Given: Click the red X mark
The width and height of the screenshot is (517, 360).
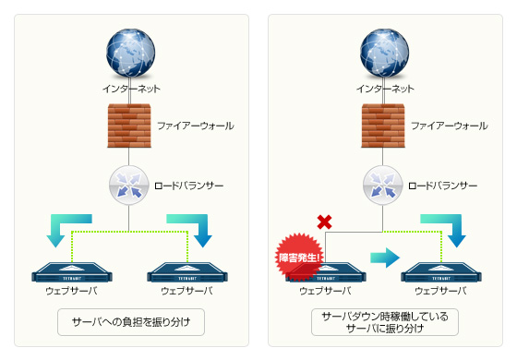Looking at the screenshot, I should pyautogui.click(x=324, y=222).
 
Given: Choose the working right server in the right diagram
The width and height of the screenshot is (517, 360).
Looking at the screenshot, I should pyautogui.click(x=439, y=273).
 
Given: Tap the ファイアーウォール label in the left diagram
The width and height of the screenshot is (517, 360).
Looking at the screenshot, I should pyautogui.click(x=196, y=125).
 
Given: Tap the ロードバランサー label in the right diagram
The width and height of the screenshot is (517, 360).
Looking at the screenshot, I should pyautogui.click(x=443, y=185).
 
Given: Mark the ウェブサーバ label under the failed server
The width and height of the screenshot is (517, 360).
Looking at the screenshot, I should pyautogui.click(x=321, y=291).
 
